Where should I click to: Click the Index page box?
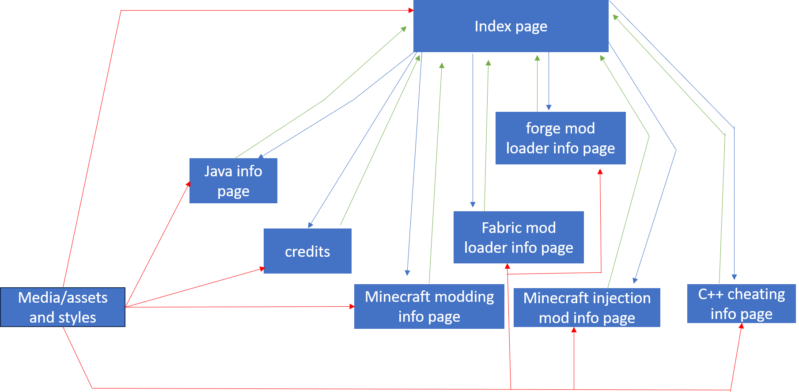(x=511, y=27)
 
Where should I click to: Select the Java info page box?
(x=233, y=181)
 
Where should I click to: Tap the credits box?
(x=307, y=251)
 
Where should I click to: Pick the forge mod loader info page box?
(x=560, y=138)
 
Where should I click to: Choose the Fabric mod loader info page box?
(x=519, y=237)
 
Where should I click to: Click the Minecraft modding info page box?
(x=429, y=306)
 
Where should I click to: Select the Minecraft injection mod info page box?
(x=587, y=308)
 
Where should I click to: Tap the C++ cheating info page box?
(x=742, y=304)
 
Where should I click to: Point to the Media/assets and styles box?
(x=63, y=307)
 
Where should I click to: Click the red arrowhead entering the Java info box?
(x=188, y=184)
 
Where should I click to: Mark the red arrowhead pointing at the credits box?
(x=262, y=269)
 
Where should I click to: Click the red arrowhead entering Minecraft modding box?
(x=352, y=306)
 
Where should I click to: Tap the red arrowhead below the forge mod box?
(x=600, y=171)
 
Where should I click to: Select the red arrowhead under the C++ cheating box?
(x=742, y=326)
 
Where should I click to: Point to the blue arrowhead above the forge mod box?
(x=549, y=108)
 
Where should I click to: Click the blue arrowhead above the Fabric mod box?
(x=473, y=205)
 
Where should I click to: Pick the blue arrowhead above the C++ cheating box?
(x=734, y=277)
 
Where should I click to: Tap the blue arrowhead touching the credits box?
(x=311, y=225)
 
